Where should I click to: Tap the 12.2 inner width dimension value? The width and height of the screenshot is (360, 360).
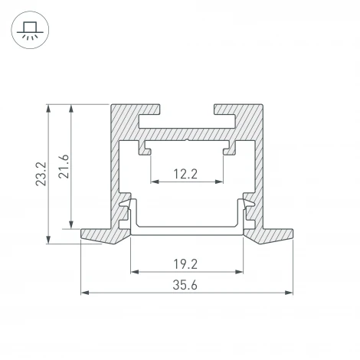[186, 173]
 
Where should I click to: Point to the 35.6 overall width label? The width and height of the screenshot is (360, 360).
[186, 285]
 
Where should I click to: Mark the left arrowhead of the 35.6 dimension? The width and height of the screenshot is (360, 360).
[84, 293]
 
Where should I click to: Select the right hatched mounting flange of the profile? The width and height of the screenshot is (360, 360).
[272, 234]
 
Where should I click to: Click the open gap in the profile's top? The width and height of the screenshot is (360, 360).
[187, 112]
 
